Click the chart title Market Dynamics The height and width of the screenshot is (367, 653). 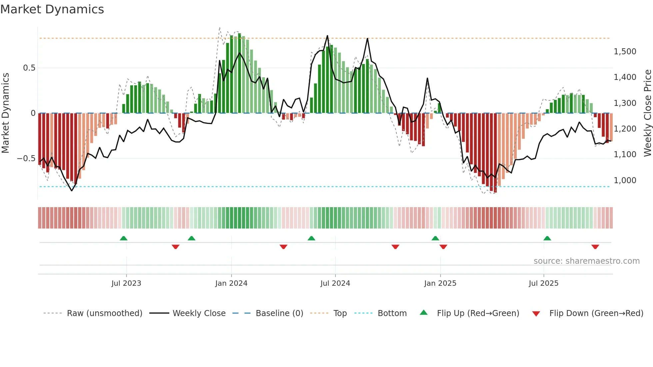click(52, 9)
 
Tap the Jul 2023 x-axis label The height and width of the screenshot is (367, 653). click(126, 283)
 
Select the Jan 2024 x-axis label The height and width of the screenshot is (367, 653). click(231, 283)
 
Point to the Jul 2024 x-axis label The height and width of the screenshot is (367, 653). click(335, 283)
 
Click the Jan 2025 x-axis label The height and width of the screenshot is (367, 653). click(440, 283)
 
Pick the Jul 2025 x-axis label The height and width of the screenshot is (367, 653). click(543, 283)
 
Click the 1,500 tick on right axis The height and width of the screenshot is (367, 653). click(625, 52)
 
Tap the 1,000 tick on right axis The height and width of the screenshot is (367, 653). click(625, 181)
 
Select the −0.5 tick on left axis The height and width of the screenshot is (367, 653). click(26, 159)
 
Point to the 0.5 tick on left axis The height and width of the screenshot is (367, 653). click(29, 68)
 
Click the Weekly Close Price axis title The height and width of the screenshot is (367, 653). click(647, 113)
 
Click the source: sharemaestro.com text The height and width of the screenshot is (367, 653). click(586, 261)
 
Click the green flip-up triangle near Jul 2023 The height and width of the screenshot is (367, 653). click(124, 238)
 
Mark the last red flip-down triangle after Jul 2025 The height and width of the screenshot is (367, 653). click(595, 247)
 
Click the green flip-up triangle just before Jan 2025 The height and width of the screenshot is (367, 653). click(435, 238)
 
